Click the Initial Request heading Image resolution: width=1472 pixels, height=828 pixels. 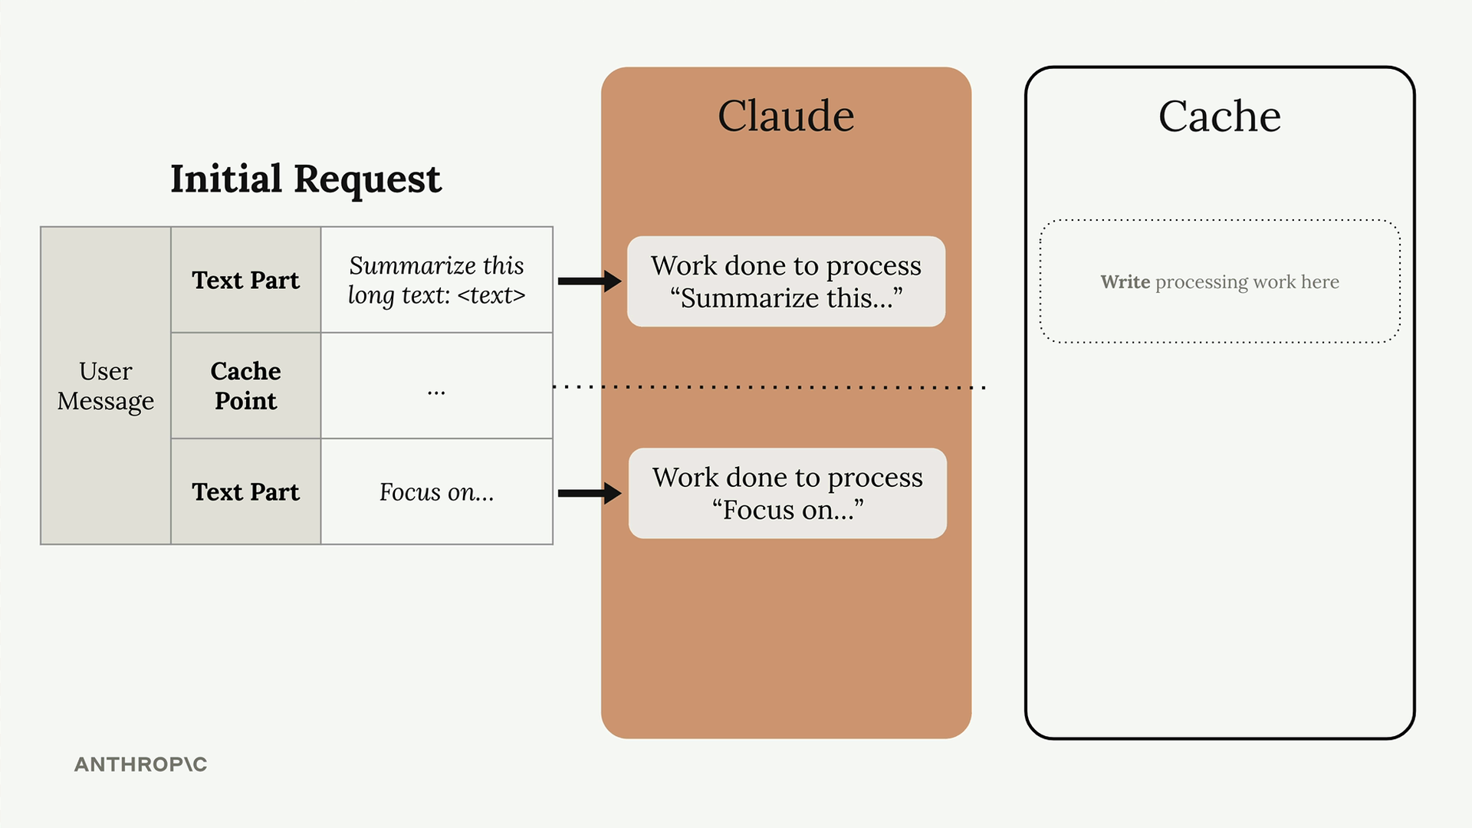(306, 179)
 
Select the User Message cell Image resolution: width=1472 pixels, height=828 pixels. (106, 386)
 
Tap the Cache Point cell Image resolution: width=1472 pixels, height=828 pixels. (245, 386)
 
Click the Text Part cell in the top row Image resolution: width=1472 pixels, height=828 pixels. (245, 280)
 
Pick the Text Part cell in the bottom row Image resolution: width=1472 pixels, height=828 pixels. (245, 491)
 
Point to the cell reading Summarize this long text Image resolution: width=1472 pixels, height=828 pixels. (436, 280)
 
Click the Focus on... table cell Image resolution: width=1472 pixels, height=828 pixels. (436, 491)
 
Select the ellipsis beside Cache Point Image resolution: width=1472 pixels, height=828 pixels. (436, 393)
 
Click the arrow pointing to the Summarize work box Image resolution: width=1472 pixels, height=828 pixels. (590, 281)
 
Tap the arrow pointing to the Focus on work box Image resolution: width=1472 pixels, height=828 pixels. (590, 493)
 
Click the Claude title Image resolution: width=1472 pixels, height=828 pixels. (786, 116)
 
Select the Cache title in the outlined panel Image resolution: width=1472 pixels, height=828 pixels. (1220, 116)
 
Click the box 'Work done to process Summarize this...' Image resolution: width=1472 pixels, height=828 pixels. (786, 281)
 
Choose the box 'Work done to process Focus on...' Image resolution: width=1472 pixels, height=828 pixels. (787, 493)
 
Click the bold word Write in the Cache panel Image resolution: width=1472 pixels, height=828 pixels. (1125, 281)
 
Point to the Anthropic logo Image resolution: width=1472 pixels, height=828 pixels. (141, 764)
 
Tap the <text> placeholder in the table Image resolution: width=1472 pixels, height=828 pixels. (491, 295)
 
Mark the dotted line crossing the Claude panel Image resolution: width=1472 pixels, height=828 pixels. (769, 387)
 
